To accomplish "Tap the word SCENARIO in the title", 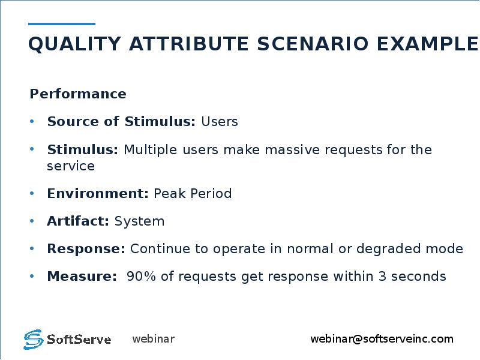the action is click(x=313, y=43).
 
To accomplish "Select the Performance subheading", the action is click(x=78, y=94).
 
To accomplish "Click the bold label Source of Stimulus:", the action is click(x=121, y=121).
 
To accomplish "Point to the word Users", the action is click(x=220, y=122).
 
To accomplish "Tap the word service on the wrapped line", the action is click(x=71, y=166).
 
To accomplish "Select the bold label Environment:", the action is click(x=98, y=193).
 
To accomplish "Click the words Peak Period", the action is click(x=193, y=193).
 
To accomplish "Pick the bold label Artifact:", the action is click(x=78, y=221).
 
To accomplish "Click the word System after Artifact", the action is click(x=139, y=221).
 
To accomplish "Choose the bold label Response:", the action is click(x=86, y=249).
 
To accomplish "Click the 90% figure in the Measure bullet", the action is click(x=141, y=277).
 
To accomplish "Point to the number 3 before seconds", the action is click(x=382, y=277).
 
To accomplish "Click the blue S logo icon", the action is click(x=34, y=339).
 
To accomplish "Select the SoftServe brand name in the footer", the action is click(x=79, y=340).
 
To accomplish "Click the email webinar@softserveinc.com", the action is click(x=382, y=339).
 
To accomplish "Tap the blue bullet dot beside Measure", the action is click(x=32, y=276).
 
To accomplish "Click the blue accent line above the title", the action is click(x=62, y=23).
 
